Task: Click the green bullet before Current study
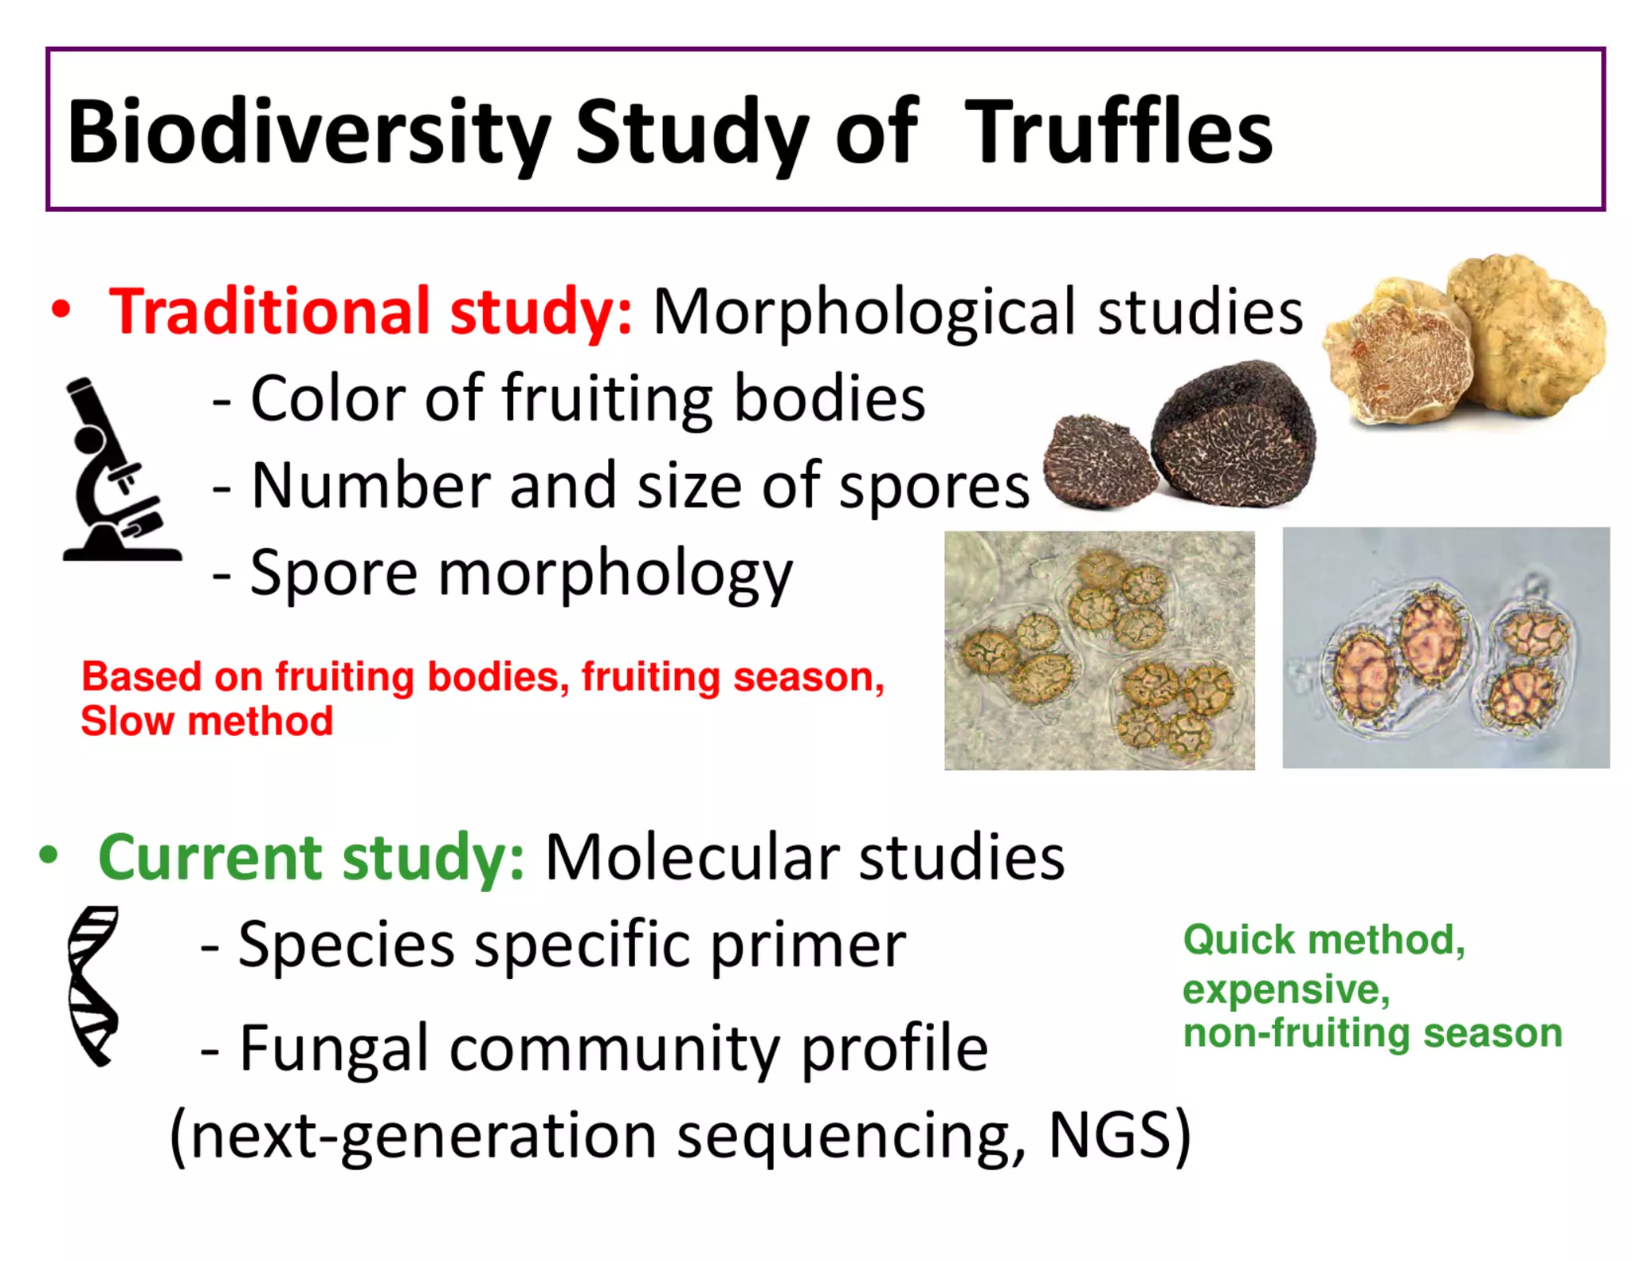pyautogui.click(x=49, y=855)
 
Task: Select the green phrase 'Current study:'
pyautogui.click(x=311, y=857)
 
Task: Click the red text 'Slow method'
pyautogui.click(x=206, y=721)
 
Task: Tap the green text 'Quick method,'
pyautogui.click(x=1324, y=940)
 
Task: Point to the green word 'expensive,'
pyautogui.click(x=1286, y=989)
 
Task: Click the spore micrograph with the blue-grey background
pyautogui.click(x=1445, y=648)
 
